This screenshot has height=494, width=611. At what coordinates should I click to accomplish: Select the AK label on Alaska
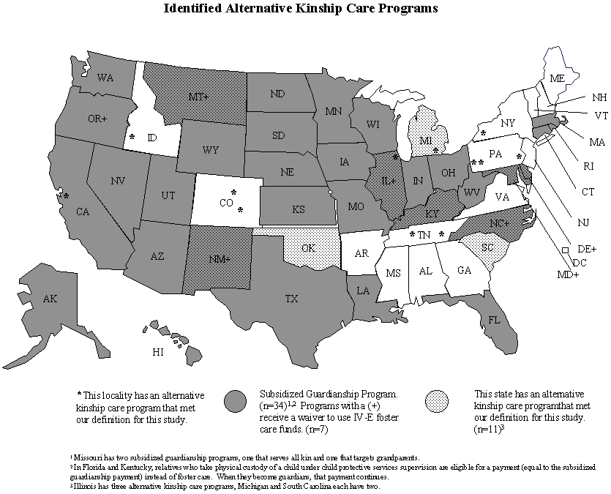click(50, 299)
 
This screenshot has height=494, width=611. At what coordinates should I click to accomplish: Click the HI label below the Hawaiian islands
click(158, 352)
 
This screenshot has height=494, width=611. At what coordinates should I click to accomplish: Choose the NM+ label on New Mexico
click(219, 259)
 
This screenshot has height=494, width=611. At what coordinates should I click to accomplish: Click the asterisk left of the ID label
click(132, 137)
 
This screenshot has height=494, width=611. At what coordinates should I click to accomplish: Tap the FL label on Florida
click(494, 320)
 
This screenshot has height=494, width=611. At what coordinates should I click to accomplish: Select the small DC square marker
click(565, 250)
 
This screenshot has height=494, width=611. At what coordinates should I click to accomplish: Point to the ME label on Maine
click(558, 78)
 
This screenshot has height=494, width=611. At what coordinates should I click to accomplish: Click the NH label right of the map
click(599, 97)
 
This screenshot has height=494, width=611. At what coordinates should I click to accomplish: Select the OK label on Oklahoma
click(308, 248)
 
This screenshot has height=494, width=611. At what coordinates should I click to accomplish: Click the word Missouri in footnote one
click(87, 457)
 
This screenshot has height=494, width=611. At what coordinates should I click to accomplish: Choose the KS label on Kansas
click(299, 209)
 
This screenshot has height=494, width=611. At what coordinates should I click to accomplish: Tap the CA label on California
click(83, 212)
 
